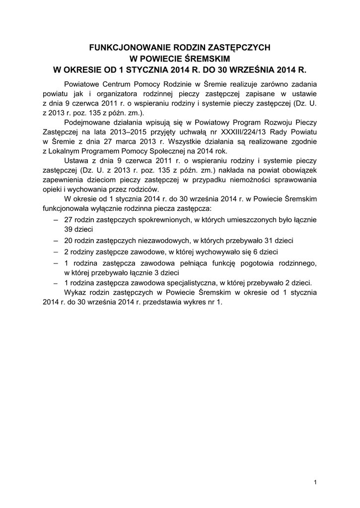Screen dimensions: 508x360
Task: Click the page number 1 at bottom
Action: [x=315, y=482]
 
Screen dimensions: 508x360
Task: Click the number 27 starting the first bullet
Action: [x=69, y=219]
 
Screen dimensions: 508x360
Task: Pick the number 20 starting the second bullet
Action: [x=69, y=240]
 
